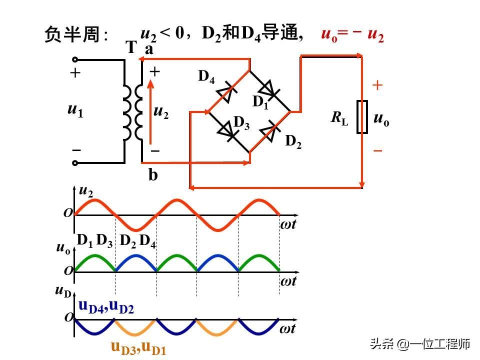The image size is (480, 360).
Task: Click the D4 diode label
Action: (x=206, y=76)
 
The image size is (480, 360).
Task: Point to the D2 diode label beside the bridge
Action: (x=293, y=141)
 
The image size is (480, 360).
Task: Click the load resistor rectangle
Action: (x=362, y=116)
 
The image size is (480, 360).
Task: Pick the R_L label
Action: (x=339, y=118)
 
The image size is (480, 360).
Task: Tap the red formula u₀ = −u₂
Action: (x=352, y=34)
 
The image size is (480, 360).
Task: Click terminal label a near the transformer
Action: (x=149, y=49)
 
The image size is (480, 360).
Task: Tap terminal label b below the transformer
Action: (x=153, y=175)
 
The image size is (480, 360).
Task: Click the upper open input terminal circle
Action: (x=75, y=59)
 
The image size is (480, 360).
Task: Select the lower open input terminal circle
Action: (x=75, y=163)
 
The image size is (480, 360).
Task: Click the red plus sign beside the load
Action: (x=377, y=85)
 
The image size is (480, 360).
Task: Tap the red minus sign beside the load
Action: (x=378, y=150)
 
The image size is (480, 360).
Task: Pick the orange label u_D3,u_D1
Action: (x=138, y=348)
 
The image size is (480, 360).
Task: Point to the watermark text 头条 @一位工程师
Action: (x=420, y=344)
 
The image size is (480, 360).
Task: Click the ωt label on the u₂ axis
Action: (x=288, y=224)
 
